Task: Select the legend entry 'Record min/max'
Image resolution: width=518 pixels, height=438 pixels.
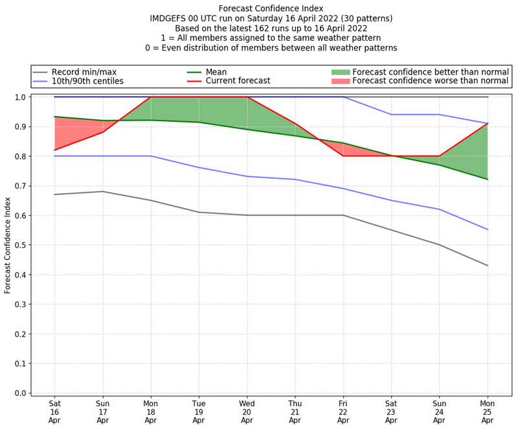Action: click(x=84, y=72)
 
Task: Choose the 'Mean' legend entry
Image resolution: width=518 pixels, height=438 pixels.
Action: click(x=216, y=72)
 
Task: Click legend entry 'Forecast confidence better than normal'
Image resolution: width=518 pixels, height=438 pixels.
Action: click(x=430, y=72)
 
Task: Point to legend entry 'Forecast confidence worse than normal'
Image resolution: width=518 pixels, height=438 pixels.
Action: click(x=430, y=81)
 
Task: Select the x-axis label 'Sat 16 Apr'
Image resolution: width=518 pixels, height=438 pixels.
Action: click(x=54, y=411)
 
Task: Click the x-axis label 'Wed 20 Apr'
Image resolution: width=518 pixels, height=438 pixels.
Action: click(x=247, y=411)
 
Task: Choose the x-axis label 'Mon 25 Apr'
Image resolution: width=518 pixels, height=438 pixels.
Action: click(x=487, y=411)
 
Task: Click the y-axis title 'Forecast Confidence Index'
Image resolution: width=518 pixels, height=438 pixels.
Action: click(x=8, y=245)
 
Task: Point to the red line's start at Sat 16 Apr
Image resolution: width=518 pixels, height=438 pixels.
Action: click(x=54, y=150)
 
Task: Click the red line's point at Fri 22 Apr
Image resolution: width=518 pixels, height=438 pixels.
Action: click(x=343, y=156)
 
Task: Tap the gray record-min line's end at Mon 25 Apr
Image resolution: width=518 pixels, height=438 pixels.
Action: click(x=487, y=266)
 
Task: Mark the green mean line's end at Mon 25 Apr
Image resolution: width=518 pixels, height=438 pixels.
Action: click(x=487, y=179)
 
